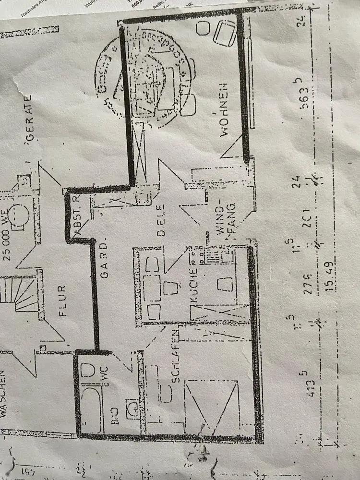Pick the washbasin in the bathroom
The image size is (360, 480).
click(x=132, y=408)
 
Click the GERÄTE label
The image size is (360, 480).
click(x=29, y=118)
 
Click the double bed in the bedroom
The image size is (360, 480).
click(x=211, y=406)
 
